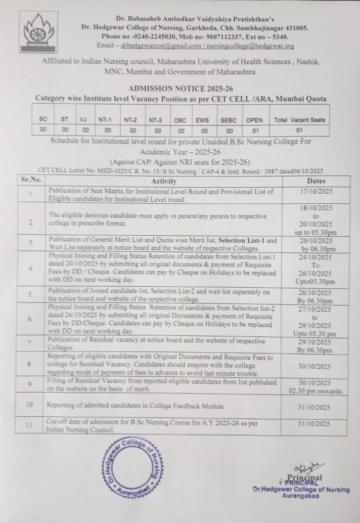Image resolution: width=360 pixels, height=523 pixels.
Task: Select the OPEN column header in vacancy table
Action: tap(254, 120)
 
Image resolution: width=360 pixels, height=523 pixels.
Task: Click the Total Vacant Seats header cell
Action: tap(299, 120)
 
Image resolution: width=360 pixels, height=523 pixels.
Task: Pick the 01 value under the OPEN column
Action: tap(254, 130)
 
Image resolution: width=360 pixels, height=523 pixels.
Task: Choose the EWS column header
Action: tap(202, 120)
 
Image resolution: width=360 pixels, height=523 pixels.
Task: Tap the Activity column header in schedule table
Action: tap(164, 181)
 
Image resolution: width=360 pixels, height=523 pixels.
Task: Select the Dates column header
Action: tap(317, 181)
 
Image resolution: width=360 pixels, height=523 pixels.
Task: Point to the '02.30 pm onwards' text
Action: tap(317, 391)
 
